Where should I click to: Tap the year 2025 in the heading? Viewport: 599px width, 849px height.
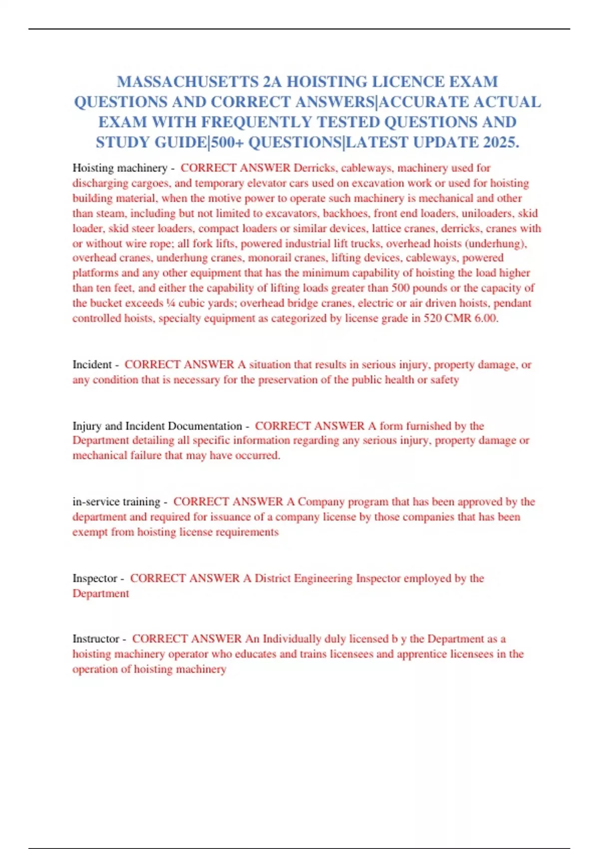click(501, 142)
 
